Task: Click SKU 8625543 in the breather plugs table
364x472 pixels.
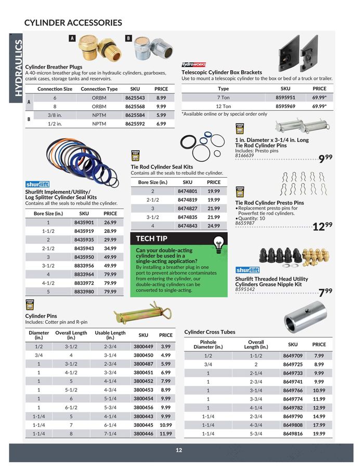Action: (x=134, y=97)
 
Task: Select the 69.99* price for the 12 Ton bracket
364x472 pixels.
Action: (x=319, y=106)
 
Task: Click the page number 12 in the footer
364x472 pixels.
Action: (x=179, y=450)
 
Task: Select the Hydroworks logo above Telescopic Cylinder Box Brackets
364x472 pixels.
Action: (x=194, y=64)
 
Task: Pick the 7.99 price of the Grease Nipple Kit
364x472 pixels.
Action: (x=325, y=292)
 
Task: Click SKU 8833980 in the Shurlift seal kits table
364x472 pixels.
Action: (x=84, y=292)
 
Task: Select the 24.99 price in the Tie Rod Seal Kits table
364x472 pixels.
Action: (x=214, y=226)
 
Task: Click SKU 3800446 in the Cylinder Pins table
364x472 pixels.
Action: (x=143, y=433)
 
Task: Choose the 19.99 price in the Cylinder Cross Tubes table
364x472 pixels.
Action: (x=319, y=433)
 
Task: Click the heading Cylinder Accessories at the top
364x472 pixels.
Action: (x=73, y=22)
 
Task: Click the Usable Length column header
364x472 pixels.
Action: (x=110, y=335)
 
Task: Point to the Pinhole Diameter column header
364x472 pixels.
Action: (x=208, y=345)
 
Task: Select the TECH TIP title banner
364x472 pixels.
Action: (x=152, y=239)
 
